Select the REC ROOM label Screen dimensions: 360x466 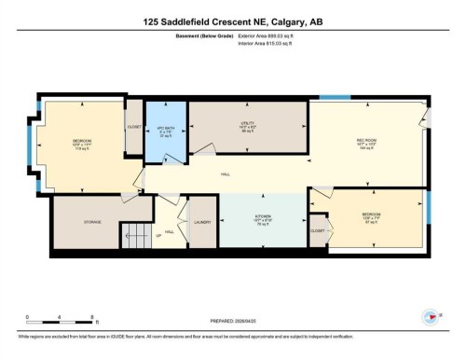pyautogui.click(x=365, y=141)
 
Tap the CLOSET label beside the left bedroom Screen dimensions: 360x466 pyautogui.click(x=134, y=127)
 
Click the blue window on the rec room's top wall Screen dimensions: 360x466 pyautogui.click(x=335, y=97)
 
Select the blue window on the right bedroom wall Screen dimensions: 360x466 pyautogui.click(x=430, y=215)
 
